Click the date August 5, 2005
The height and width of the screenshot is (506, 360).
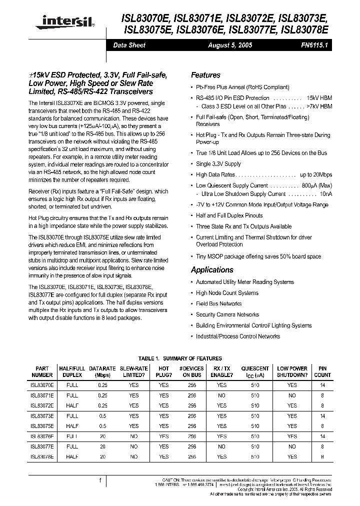pos(230,45)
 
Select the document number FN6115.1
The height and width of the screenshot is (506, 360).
pos(315,45)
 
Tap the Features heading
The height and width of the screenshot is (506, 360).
pos(205,75)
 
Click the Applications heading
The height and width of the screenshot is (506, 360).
pos(212,269)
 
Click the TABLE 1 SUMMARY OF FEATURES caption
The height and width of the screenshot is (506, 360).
pos(179,358)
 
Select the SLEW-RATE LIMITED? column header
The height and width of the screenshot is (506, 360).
pos(133,371)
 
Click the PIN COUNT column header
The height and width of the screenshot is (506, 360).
pos(322,371)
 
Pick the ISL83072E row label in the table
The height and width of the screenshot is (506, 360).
pos(42,405)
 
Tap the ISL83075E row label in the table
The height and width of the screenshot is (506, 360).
pos(42,426)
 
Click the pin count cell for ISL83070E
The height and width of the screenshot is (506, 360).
pos(322,385)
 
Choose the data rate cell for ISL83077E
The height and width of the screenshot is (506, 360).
pos(102,446)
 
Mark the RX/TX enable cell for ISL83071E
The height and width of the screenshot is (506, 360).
pos(221,395)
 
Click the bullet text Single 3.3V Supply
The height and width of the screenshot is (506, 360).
pos(218,164)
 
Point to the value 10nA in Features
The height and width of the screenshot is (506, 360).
pos(325,193)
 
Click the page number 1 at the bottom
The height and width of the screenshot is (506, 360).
pos(100,480)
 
